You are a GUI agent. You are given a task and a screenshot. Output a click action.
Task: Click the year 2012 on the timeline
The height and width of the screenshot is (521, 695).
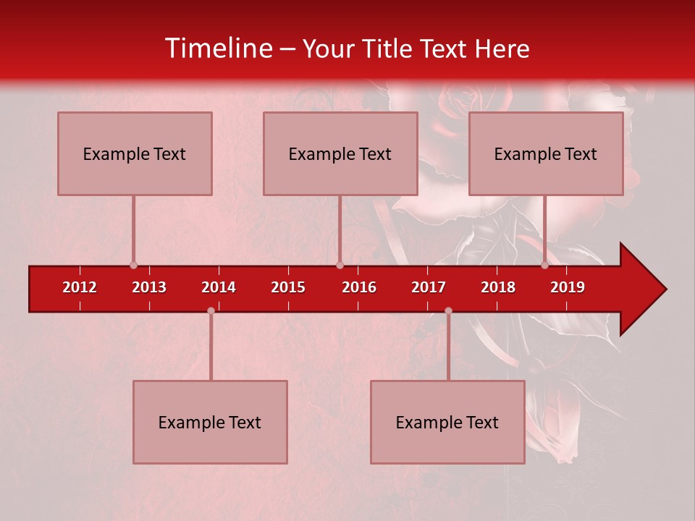click(x=80, y=287)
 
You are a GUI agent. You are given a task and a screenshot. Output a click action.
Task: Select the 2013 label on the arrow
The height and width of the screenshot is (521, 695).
click(x=149, y=287)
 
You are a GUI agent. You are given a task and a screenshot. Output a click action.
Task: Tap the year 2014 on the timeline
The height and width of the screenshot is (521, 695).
click(x=219, y=287)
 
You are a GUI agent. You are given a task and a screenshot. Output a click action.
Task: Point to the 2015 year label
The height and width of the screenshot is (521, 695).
click(x=288, y=287)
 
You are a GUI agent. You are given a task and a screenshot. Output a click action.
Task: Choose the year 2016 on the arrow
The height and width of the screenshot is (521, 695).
click(x=359, y=287)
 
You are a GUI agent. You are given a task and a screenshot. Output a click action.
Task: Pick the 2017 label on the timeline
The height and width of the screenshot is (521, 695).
click(x=429, y=287)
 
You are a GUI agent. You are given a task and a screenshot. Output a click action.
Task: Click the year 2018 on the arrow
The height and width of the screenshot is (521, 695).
click(x=498, y=287)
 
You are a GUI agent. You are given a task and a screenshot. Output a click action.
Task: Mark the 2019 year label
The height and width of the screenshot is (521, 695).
click(x=568, y=287)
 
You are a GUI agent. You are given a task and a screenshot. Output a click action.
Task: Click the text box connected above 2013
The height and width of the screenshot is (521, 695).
click(x=135, y=153)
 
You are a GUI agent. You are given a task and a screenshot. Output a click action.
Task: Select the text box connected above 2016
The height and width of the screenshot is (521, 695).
click(x=340, y=153)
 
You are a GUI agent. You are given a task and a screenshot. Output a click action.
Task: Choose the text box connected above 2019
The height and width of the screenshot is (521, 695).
click(x=546, y=153)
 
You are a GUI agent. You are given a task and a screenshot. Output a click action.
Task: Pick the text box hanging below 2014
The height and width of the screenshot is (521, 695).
click(x=210, y=422)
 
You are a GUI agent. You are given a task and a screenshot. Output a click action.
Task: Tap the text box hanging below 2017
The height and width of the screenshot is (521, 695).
click(x=447, y=422)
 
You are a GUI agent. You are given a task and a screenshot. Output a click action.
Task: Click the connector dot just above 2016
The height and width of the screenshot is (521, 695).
click(x=340, y=265)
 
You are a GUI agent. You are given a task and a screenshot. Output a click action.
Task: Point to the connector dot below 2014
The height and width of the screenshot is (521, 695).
click(x=211, y=311)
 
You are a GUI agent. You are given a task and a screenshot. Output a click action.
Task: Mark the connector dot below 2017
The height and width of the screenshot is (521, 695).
click(x=448, y=311)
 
